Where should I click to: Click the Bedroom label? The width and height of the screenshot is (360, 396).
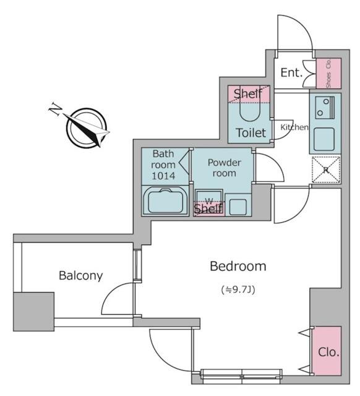point(238,267)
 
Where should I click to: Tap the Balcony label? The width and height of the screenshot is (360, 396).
point(81,275)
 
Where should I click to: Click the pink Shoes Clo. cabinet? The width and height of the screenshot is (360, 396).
point(328,73)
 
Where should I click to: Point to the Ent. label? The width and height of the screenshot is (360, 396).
point(291,73)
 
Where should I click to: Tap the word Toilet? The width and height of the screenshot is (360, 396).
point(251,133)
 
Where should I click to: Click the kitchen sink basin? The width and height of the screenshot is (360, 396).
point(324,139)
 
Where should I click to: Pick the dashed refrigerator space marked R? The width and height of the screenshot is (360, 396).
point(326,170)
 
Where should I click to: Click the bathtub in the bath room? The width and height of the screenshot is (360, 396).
point(165,202)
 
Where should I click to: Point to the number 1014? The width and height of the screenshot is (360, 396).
point(163,176)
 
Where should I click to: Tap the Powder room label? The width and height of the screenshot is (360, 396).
point(224,168)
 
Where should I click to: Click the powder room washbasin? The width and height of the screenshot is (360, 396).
point(238,207)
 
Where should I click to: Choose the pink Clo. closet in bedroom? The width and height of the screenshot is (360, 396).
point(327,351)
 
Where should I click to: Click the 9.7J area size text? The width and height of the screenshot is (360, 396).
point(238,290)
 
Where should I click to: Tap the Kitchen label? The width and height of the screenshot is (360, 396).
point(294,127)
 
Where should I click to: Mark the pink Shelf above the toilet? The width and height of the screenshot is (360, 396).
point(249,94)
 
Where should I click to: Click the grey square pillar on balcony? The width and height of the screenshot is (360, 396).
point(33,312)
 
